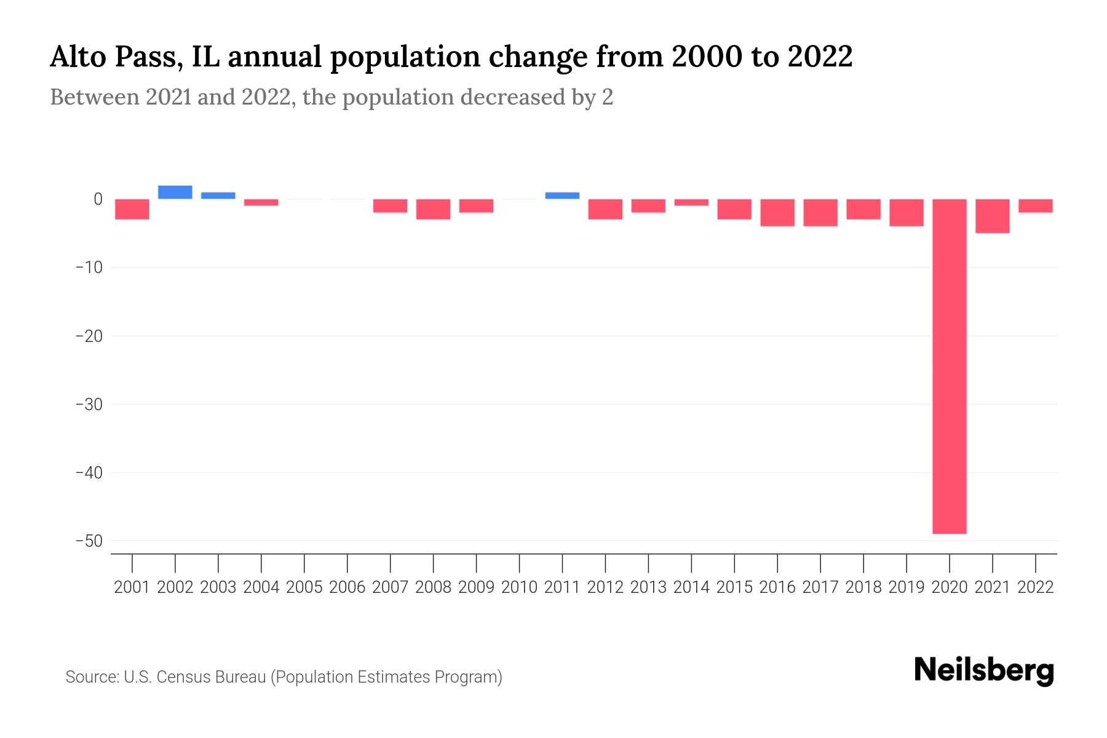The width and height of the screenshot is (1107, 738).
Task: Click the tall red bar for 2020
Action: (949, 366)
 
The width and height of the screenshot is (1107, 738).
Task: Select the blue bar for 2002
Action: (175, 192)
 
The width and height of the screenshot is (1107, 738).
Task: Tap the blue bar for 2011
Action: (562, 196)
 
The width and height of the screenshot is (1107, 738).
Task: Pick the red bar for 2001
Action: (132, 209)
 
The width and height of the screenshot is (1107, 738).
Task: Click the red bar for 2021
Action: (992, 216)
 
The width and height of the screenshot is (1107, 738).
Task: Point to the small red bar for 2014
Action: (691, 202)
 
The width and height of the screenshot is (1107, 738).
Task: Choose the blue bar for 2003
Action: (218, 196)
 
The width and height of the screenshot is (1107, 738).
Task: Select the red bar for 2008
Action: (433, 209)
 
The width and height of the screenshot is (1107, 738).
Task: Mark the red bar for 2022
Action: (1035, 206)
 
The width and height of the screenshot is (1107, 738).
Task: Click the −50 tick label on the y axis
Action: (89, 541)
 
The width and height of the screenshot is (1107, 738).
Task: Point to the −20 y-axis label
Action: (89, 336)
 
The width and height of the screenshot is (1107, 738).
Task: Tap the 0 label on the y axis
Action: (98, 199)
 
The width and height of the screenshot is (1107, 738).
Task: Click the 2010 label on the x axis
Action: (519, 587)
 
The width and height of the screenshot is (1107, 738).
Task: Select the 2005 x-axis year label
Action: (304, 587)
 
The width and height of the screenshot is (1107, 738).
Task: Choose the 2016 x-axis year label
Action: (777, 587)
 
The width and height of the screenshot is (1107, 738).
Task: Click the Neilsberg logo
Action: (983, 670)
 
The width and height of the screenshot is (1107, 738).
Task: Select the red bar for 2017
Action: (820, 213)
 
